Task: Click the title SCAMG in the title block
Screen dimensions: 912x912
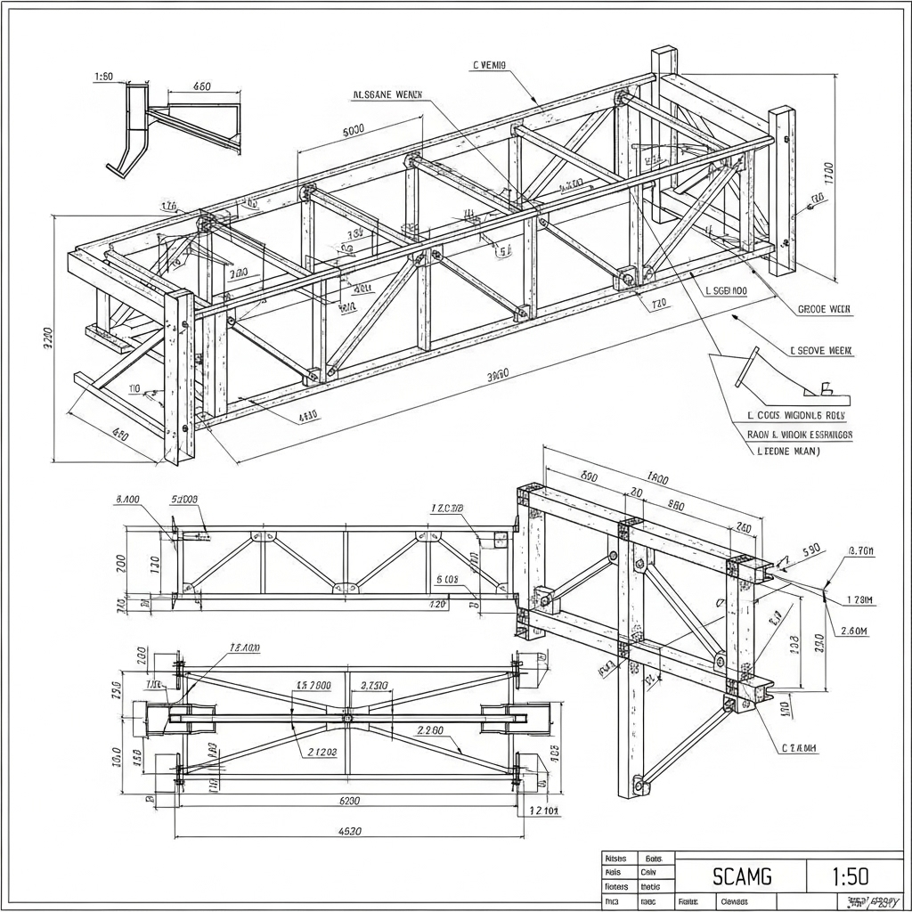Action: point(743,876)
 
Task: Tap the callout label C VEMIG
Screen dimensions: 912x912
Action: point(489,65)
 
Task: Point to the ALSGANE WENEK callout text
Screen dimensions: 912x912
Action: point(388,94)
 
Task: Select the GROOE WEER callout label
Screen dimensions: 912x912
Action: point(824,310)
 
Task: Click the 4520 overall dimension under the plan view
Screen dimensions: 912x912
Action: point(350,832)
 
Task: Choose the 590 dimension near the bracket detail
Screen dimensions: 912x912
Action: point(811,550)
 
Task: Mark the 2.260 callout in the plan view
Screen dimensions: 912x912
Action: point(430,730)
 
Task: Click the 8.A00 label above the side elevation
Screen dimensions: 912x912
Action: point(127,500)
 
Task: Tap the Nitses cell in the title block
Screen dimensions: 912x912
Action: point(615,858)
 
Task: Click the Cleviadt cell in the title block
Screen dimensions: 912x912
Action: point(735,901)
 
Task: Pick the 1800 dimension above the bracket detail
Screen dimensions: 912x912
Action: point(657,478)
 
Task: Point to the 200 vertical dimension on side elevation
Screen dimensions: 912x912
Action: point(121,563)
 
